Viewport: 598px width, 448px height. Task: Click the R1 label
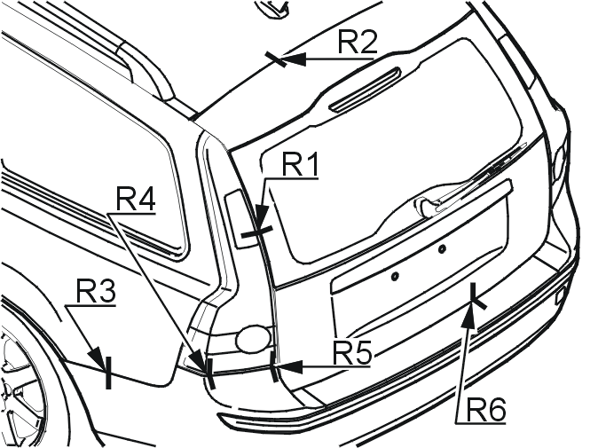click(300, 166)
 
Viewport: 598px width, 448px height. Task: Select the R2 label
click(358, 42)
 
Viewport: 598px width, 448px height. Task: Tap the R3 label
click(95, 291)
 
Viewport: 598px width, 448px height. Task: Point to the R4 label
click(136, 199)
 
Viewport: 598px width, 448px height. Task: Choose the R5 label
click(352, 353)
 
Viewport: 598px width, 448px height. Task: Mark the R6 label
click(486, 410)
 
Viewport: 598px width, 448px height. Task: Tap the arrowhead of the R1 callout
click(261, 218)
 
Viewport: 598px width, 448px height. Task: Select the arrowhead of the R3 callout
click(97, 358)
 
